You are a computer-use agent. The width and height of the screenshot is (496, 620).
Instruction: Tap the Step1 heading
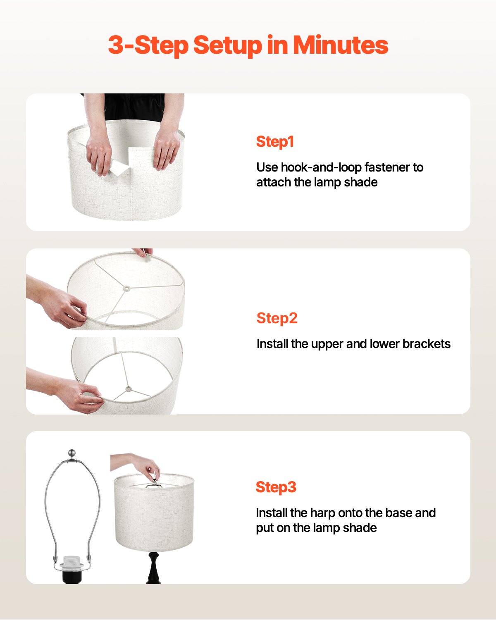pos(275,142)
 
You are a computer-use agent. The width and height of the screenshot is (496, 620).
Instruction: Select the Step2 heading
pos(277,318)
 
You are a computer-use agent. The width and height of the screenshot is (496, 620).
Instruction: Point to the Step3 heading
pos(276,487)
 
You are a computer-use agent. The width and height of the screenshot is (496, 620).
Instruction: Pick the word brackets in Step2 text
pos(426,344)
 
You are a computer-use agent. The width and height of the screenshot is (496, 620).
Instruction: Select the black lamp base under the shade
pos(153,568)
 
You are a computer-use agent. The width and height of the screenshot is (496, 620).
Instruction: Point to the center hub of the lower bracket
pos(129,389)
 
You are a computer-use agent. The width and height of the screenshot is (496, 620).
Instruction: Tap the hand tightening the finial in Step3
pos(147,467)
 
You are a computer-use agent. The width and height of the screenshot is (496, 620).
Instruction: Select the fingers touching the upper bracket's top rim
pos(143,253)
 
